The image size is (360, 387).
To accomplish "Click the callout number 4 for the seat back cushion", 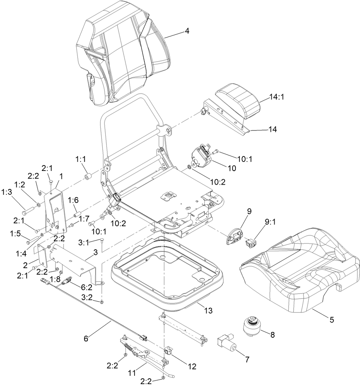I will tap(187, 31).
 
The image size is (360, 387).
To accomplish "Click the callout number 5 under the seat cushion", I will tap(331, 319).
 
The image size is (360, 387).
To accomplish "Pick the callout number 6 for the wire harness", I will tap(86, 339).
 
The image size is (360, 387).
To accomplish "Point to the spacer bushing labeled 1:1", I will tap(88, 177).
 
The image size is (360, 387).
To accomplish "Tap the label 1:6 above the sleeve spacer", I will tap(73, 201).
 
